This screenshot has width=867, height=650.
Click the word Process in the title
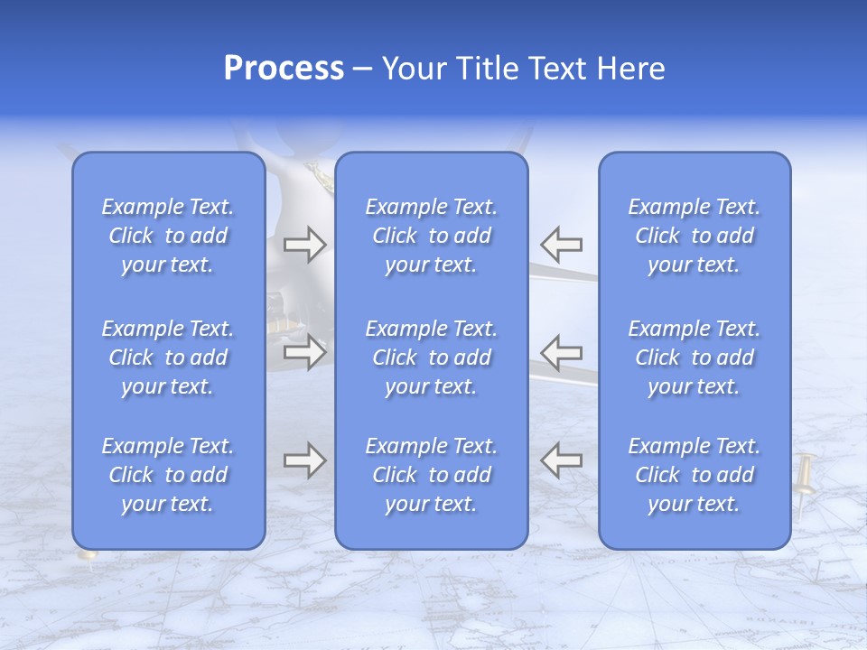pyautogui.click(x=284, y=69)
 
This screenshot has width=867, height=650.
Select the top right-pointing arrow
pyautogui.click(x=304, y=244)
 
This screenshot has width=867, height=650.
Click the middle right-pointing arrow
pyautogui.click(x=304, y=351)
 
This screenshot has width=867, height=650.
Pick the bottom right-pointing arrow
pyautogui.click(x=304, y=460)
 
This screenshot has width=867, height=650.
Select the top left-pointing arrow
pyautogui.click(x=562, y=244)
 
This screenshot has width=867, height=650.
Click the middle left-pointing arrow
pyautogui.click(x=562, y=351)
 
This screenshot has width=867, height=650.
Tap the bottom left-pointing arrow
pyautogui.click(x=562, y=460)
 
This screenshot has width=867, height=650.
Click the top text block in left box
pyautogui.click(x=168, y=236)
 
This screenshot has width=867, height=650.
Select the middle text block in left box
pyautogui.click(x=168, y=357)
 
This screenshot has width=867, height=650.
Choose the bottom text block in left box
pyautogui.click(x=168, y=475)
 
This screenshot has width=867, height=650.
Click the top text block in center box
pyautogui.click(x=432, y=236)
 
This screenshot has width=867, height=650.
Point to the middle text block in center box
pyautogui.click(x=432, y=357)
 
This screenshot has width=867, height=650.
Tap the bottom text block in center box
pyautogui.click(x=432, y=475)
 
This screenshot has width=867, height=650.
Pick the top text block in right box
pyautogui.click(x=695, y=236)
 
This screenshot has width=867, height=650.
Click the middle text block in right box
pyautogui.click(x=695, y=357)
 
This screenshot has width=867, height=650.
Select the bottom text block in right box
pyautogui.click(x=695, y=475)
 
